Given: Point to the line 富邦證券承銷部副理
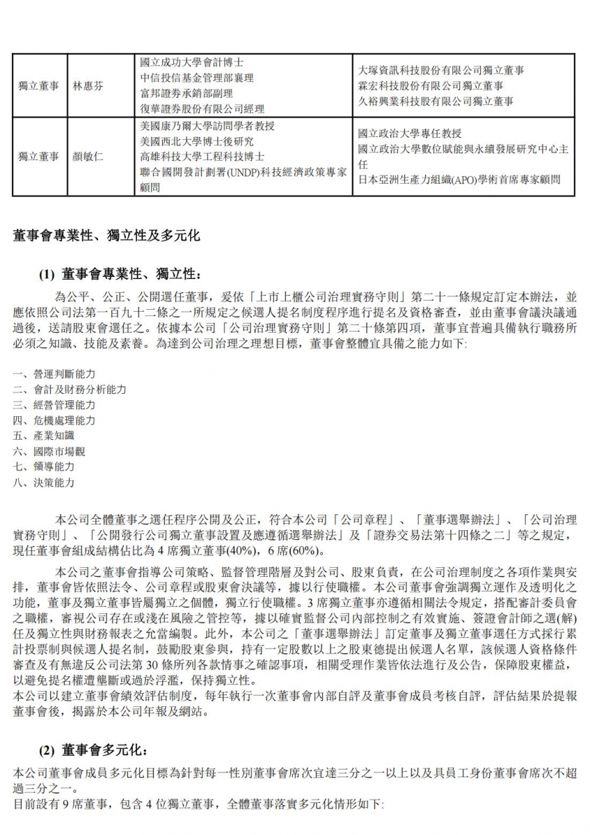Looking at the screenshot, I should pos(186,93).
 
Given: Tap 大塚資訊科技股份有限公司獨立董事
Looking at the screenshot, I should pos(441,70).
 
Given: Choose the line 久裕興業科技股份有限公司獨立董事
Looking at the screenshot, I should pos(436,102).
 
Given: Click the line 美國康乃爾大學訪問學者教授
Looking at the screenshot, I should pos(207,126).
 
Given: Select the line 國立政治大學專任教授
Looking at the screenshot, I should pos(410,134).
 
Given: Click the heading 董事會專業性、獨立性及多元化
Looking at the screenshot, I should pos(106,236).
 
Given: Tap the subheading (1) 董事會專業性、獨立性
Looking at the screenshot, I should pos(121,273).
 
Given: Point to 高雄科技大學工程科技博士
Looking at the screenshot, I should pos(202,157).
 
